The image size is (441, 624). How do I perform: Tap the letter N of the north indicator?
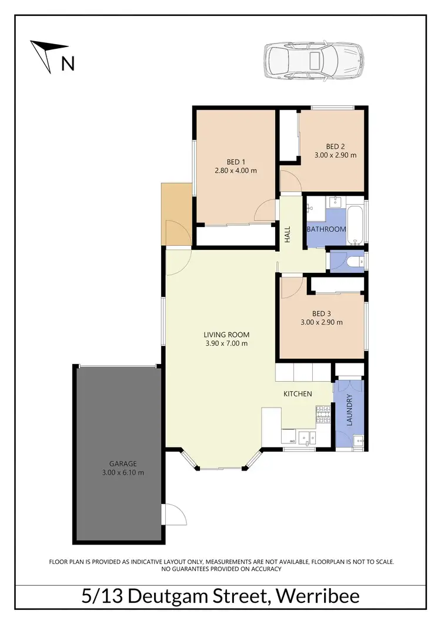pos(68,64)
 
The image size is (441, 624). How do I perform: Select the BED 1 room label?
pos(236,162)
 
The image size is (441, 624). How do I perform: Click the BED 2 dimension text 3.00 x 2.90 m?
pos(335,155)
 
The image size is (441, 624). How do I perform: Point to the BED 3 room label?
pos(321,313)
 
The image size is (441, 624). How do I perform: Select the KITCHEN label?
pos(298,393)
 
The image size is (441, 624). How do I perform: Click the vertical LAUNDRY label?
pos(349,412)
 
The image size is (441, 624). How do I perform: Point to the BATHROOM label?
pos(326,229)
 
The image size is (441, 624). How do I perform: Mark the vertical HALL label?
pos(288,235)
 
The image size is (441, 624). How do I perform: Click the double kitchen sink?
pos(306,438)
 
